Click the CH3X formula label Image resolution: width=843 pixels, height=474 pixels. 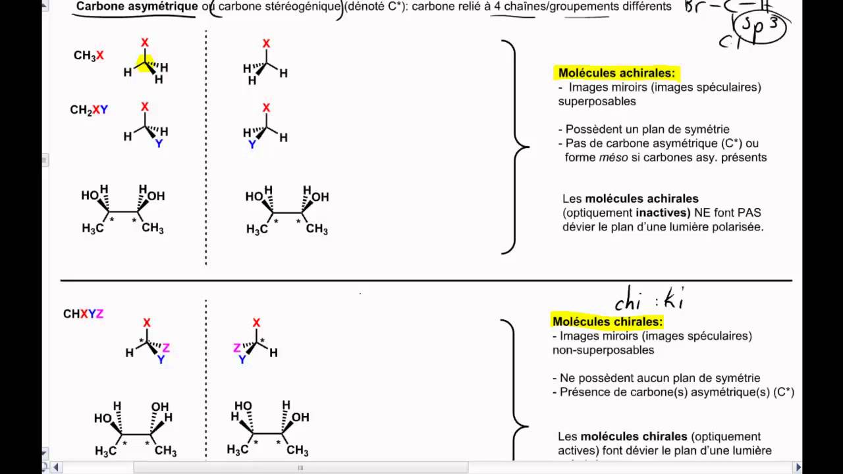(x=88, y=56)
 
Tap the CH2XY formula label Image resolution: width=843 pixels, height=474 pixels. (x=89, y=110)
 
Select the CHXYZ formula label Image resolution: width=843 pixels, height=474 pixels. (x=83, y=314)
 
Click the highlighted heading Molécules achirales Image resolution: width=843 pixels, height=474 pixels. (x=616, y=73)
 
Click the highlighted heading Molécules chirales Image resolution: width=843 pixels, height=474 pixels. (x=607, y=321)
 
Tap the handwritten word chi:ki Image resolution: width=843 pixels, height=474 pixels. (x=649, y=300)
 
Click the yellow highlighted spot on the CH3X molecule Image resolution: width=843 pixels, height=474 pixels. (x=145, y=63)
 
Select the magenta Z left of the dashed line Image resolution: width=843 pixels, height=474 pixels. (x=166, y=348)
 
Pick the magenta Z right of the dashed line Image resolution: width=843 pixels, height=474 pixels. (x=237, y=348)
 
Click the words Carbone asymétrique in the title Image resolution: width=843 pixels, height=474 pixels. (x=137, y=7)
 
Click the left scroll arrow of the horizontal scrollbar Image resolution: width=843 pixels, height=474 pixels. (x=56, y=467)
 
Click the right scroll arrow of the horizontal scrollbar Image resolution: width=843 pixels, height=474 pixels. (x=799, y=467)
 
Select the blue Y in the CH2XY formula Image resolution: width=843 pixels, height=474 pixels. (x=104, y=110)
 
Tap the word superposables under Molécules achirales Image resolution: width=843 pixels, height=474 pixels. (x=597, y=101)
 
